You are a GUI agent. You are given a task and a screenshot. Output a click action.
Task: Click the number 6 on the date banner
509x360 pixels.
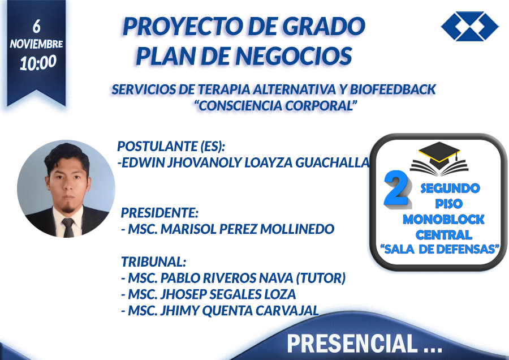click(37, 26)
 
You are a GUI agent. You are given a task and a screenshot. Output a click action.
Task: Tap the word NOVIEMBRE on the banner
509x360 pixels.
click(36, 44)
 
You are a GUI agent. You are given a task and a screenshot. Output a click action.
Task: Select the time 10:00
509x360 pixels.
click(38, 63)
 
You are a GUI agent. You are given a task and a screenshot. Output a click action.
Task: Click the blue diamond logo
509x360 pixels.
click(470, 26)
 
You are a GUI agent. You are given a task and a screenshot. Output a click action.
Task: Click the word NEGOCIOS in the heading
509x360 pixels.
click(294, 55)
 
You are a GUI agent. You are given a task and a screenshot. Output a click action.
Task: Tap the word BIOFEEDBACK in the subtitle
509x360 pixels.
click(393, 89)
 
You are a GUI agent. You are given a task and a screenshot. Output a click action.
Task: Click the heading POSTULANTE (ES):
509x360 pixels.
click(171, 146)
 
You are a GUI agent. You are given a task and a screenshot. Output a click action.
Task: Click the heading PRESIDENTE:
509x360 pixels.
click(159, 213)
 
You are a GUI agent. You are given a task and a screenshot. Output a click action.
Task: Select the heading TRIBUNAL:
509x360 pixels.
click(153, 262)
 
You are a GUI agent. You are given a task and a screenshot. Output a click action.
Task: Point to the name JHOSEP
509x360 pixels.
click(183, 294)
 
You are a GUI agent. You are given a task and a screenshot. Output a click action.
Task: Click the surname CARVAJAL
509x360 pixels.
click(287, 311)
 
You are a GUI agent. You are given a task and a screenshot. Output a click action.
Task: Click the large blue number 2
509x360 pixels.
click(396, 188)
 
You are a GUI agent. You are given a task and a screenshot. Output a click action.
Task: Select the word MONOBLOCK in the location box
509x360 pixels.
click(443, 220)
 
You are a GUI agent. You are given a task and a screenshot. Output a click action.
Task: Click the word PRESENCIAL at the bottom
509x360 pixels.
click(352, 344)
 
